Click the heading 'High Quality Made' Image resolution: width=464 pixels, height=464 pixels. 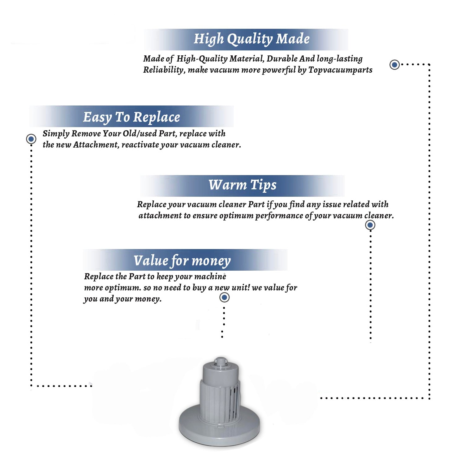(x=251, y=39)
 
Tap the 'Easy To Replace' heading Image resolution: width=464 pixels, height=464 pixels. (x=131, y=117)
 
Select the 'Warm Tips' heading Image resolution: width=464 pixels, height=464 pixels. (x=242, y=185)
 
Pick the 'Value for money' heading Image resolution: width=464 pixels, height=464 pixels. (x=182, y=261)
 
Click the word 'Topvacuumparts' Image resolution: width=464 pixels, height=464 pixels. (x=340, y=70)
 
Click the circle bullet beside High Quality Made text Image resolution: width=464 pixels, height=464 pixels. (x=394, y=65)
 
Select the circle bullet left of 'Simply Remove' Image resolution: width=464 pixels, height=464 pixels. (x=31, y=139)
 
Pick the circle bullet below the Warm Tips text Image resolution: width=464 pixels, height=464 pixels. (x=370, y=225)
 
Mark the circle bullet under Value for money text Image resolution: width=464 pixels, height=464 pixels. (x=224, y=298)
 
